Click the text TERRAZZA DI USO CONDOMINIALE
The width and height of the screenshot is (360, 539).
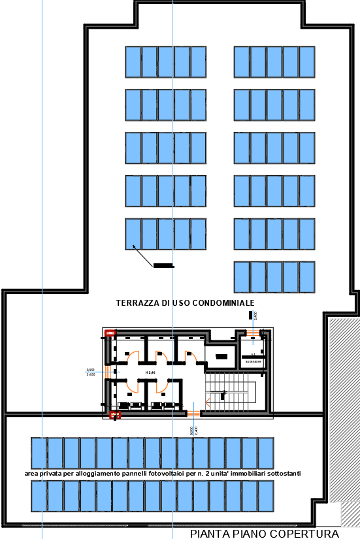(185, 302)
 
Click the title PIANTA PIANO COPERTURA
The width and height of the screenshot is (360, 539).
(265, 533)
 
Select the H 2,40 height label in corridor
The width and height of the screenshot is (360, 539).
(150, 372)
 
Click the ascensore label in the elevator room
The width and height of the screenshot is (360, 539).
(254, 361)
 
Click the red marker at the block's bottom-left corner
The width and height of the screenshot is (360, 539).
(115, 414)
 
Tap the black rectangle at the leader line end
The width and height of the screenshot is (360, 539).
(164, 266)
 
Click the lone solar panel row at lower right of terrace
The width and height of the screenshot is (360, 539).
(274, 277)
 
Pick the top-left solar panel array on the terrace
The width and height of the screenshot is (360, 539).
(166, 62)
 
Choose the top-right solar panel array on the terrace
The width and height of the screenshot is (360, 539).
(274, 62)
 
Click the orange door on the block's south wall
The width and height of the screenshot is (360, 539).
(194, 413)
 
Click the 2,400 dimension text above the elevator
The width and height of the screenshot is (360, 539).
(255, 316)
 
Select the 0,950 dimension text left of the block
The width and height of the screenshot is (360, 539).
(91, 370)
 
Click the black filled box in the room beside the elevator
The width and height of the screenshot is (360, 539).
(221, 357)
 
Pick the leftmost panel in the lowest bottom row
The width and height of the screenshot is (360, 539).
(39, 497)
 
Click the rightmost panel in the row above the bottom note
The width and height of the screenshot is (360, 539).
(265, 453)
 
